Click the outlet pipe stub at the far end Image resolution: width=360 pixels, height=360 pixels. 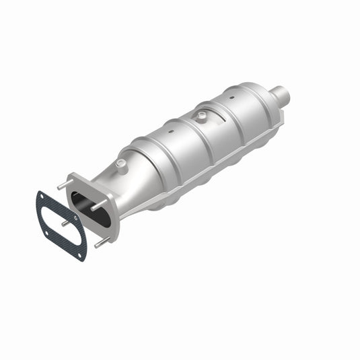point(282,96)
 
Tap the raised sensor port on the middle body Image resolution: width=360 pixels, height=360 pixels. point(201,116)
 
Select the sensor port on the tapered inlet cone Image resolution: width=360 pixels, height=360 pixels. point(121,164)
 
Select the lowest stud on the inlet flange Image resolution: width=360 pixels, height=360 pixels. point(100,242)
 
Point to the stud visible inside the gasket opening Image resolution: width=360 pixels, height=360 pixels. point(64,223)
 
